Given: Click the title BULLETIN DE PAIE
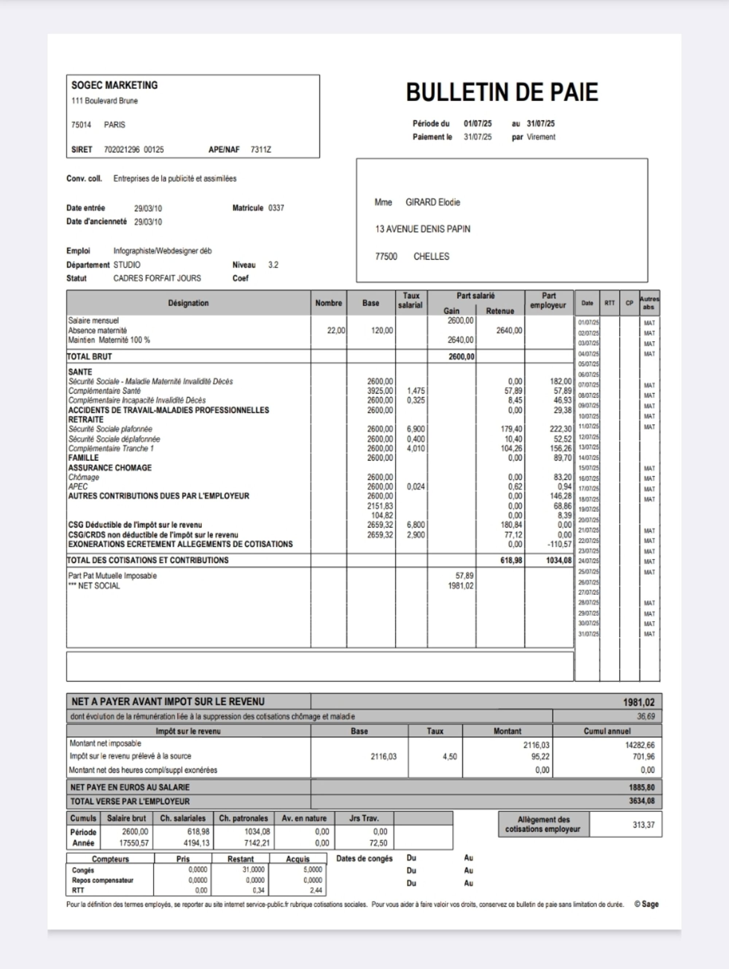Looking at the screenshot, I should tap(502, 92).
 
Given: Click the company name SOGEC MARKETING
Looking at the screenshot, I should tap(114, 85).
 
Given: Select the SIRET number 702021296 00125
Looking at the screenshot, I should tap(133, 150).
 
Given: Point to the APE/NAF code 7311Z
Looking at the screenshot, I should tap(261, 150).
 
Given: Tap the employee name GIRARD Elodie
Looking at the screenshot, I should tap(433, 202).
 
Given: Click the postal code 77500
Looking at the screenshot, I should tap(386, 257).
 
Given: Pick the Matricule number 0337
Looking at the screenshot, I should tap(276, 208).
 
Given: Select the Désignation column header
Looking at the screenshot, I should tap(188, 303).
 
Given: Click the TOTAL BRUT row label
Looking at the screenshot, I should tap(89, 357).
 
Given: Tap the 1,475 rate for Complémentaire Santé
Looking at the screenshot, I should tap(416, 391).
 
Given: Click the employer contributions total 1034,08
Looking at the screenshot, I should tap(559, 560).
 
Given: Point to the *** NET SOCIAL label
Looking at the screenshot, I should tap(94, 586).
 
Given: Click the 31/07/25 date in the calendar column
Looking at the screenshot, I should tap(588, 634).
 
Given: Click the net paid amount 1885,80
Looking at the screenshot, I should tap(642, 788).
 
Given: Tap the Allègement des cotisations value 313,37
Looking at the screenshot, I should tap(643, 825).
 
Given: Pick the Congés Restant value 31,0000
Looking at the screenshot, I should tap(253, 869).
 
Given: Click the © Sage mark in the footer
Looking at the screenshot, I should tap(646, 904).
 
